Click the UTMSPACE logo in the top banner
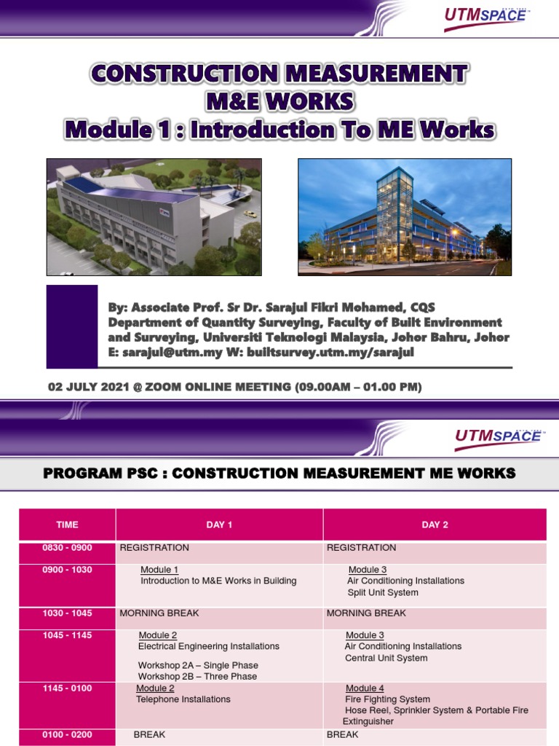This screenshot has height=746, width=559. pos(485,17)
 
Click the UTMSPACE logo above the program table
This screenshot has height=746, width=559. pos(499,436)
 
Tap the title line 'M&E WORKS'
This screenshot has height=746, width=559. pos(279,101)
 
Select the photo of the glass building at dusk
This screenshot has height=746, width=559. pos(405,217)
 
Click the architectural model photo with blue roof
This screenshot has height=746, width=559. pos(154,217)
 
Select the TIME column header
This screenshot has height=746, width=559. pos(67,525)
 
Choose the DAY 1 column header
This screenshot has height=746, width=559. pos(219,525)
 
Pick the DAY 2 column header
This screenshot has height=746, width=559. pos(435,525)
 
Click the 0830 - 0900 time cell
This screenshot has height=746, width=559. pos(67,548)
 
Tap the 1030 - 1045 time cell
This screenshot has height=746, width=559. pos(67,613)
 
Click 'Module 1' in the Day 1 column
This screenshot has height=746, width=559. pos(159,570)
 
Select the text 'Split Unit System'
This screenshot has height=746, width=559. pos(383,592)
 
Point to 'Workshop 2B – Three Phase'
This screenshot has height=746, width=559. pos(197,676)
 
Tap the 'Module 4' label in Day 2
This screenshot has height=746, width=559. pos(365,688)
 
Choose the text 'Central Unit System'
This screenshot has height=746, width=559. pos(386,658)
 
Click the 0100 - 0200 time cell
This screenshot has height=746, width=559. pos(67,734)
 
